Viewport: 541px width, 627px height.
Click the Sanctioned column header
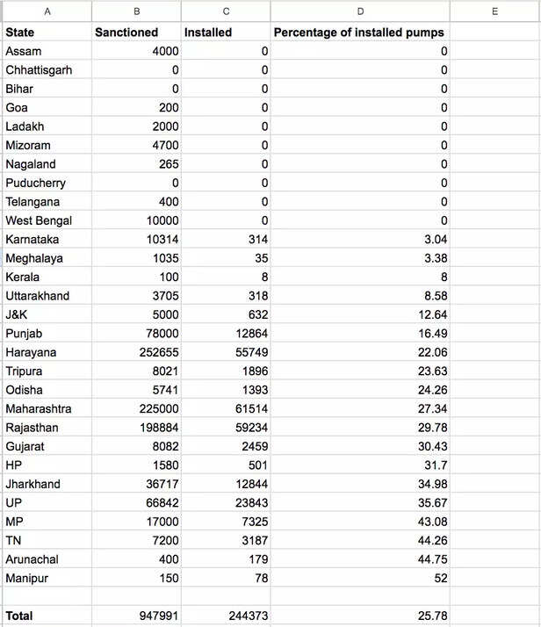(x=126, y=32)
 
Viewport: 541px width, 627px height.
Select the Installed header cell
(x=208, y=32)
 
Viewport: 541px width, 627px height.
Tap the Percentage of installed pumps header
(x=359, y=32)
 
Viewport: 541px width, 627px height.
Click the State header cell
(x=23, y=32)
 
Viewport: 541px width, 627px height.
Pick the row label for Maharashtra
(x=39, y=408)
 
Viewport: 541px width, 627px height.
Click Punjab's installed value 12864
(x=246, y=334)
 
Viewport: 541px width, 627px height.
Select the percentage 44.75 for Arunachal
(x=431, y=559)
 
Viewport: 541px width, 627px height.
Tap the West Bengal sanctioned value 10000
(x=159, y=220)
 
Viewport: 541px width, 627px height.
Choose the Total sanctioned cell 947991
(x=155, y=616)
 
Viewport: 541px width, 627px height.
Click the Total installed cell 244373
(x=242, y=616)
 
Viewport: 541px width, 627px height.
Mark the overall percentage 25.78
(x=431, y=616)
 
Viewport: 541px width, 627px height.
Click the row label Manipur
(x=27, y=578)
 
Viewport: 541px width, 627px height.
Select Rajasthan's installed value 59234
(x=246, y=428)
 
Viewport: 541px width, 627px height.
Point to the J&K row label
(x=18, y=314)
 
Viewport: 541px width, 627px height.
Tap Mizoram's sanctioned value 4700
(x=163, y=146)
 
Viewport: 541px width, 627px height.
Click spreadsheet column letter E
(x=494, y=11)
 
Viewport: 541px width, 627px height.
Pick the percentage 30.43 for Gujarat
(x=431, y=446)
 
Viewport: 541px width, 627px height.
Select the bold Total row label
(x=19, y=616)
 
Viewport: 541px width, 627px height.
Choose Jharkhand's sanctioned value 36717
(x=159, y=484)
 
